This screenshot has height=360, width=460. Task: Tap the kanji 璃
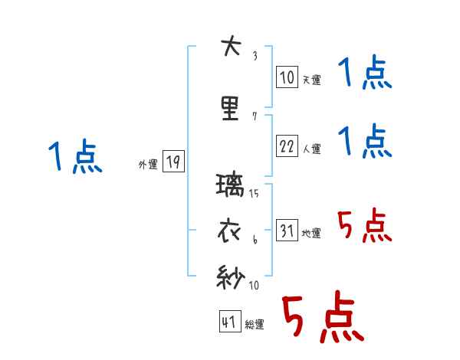tap(231, 186)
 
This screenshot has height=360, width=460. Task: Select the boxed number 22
tap(287, 146)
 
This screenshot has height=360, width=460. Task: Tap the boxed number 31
tap(287, 231)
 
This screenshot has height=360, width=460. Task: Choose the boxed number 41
tap(229, 322)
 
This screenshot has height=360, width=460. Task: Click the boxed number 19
tap(173, 162)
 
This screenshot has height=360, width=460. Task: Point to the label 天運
tap(311, 80)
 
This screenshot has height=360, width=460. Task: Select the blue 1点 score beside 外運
tap(74, 158)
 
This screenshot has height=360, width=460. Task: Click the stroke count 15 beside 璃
tap(255, 194)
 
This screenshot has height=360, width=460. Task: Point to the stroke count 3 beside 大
tap(255, 55)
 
